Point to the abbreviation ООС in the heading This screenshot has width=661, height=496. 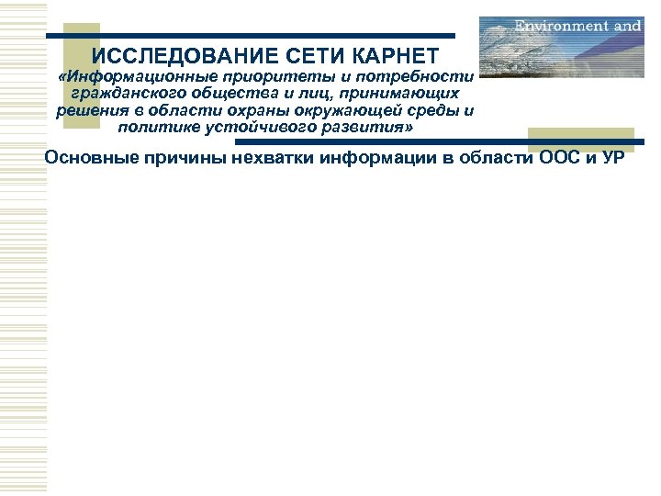point(555,157)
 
